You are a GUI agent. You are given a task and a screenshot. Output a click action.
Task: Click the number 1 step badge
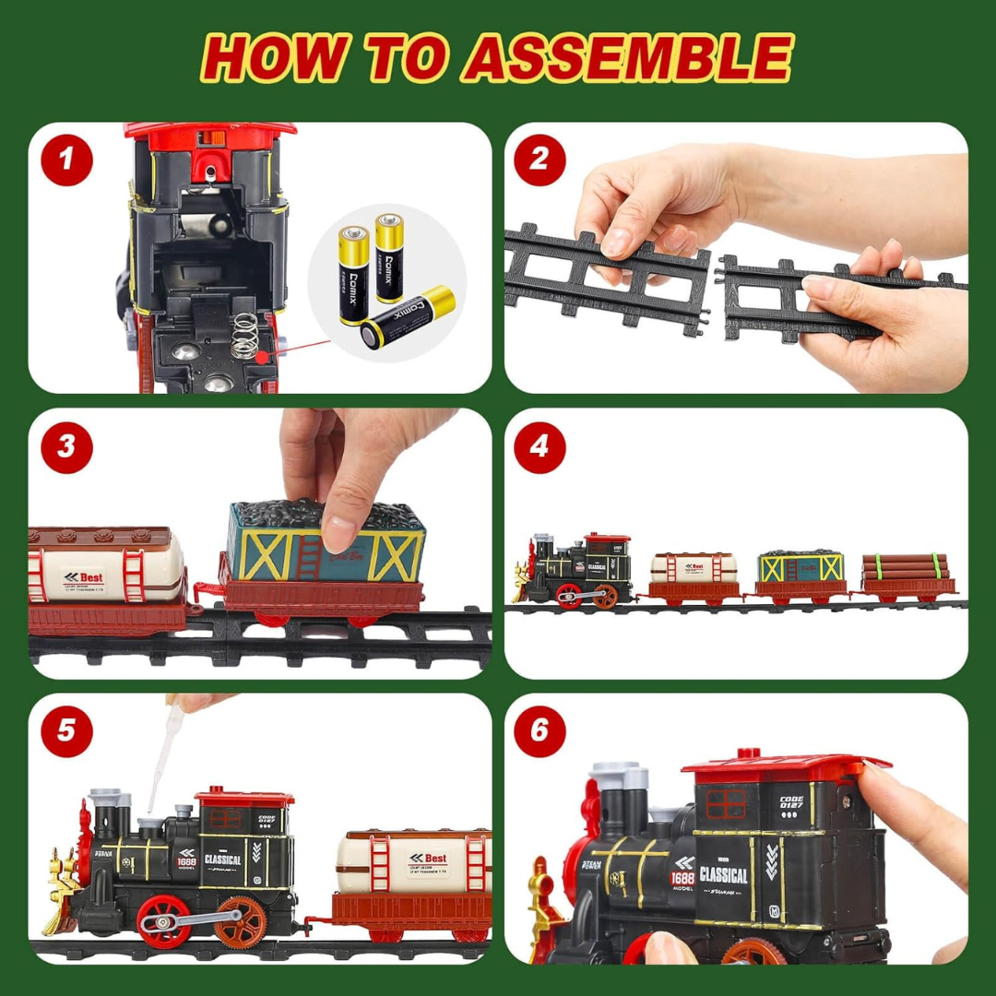click(x=66, y=160)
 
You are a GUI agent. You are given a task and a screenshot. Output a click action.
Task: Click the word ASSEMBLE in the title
click(x=627, y=57)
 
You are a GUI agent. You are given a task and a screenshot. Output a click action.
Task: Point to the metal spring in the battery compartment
click(x=243, y=337)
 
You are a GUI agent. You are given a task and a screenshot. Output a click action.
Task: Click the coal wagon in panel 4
click(x=801, y=573)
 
